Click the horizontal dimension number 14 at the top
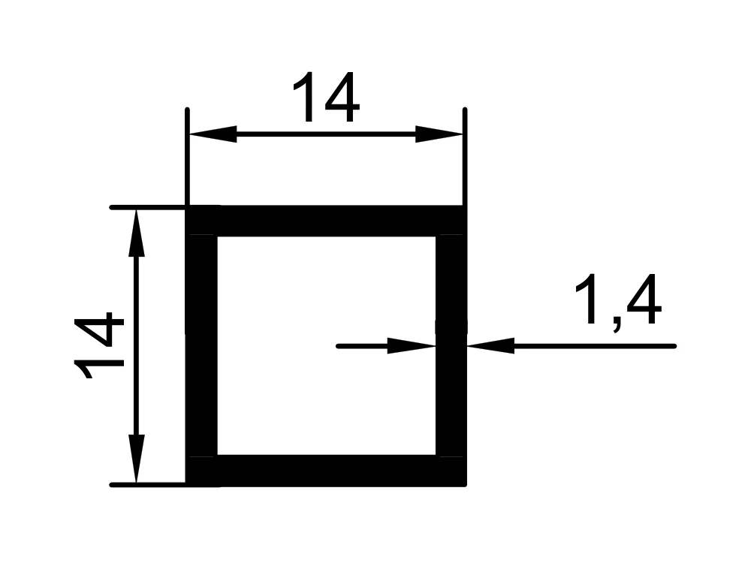tap(326, 97)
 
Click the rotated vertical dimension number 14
tap(99, 345)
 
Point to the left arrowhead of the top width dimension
tap(213, 134)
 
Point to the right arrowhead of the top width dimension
tap(439, 134)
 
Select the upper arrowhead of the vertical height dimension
tap(136, 233)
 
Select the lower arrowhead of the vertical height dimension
tap(136, 459)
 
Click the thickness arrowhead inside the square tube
tap(412, 345)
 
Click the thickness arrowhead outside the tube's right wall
tap(490, 345)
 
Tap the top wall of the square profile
tap(326, 221)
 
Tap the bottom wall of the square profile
tap(326, 471)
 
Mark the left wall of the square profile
tap(201, 345)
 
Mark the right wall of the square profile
tap(451, 345)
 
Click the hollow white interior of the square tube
tap(327, 345)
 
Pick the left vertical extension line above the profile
tap(187, 157)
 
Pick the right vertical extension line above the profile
tap(465, 157)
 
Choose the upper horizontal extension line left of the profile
tap(148, 207)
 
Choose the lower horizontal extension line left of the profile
tap(148, 485)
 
